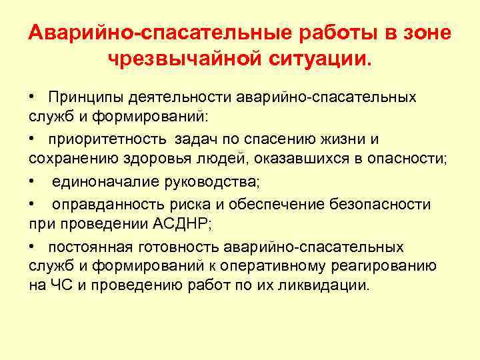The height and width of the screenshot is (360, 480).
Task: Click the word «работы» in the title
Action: coord(345,33)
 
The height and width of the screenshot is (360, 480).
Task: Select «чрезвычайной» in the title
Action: coord(174,60)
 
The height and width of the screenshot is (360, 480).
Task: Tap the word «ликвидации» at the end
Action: coord(327,285)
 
